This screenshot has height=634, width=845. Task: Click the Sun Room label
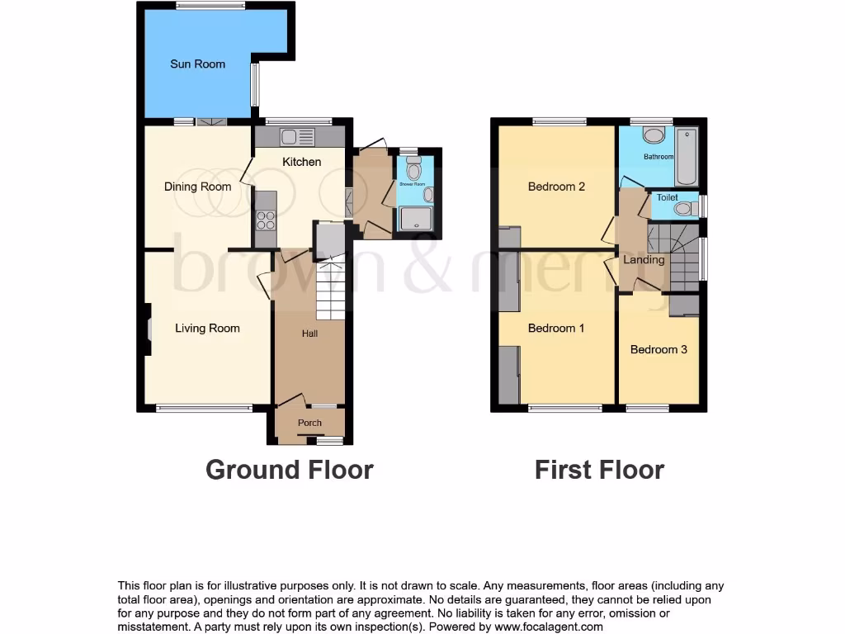pyautogui.click(x=197, y=64)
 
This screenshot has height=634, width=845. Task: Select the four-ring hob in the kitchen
pyautogui.click(x=266, y=220)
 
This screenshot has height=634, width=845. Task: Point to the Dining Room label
pyautogui.click(x=197, y=187)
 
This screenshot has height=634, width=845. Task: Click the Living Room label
pyautogui.click(x=207, y=328)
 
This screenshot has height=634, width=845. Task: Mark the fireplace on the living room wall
pyautogui.click(x=149, y=329)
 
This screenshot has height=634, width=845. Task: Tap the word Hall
pyautogui.click(x=309, y=334)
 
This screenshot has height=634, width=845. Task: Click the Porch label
pyautogui.click(x=309, y=423)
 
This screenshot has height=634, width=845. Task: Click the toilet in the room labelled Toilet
pyautogui.click(x=683, y=209)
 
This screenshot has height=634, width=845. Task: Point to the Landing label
pyautogui.click(x=644, y=260)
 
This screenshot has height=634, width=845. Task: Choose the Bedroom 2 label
pyautogui.click(x=556, y=187)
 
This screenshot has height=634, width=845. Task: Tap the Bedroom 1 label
pyautogui.click(x=556, y=328)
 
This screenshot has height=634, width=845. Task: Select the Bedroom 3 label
pyautogui.click(x=659, y=349)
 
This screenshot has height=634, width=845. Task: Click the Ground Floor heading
pyautogui.click(x=289, y=470)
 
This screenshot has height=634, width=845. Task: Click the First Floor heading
pyautogui.click(x=599, y=470)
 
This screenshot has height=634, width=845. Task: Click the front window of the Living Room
pyautogui.click(x=205, y=407)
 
